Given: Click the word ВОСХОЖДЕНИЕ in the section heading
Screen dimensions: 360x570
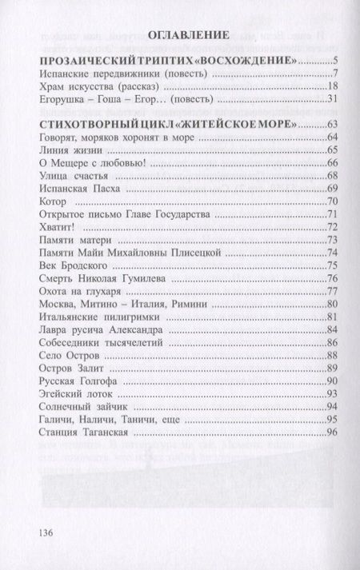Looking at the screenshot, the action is pyautogui.click(x=254, y=61).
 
